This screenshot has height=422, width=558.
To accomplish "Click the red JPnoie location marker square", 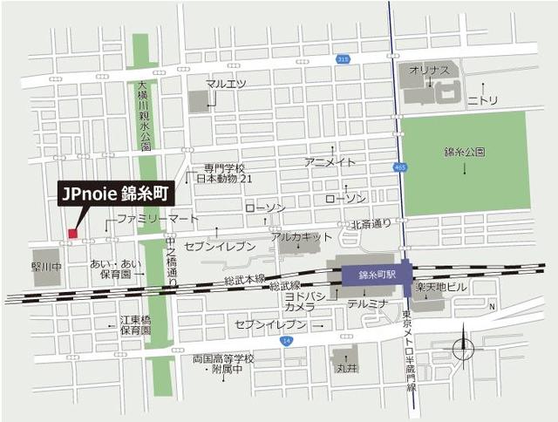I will [x=72, y=233].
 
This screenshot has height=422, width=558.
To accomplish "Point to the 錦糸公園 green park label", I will [x=464, y=152].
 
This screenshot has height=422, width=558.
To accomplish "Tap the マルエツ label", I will [x=226, y=84].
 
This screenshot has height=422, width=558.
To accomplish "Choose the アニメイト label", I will [x=330, y=162].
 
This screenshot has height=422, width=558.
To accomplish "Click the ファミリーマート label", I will [x=146, y=218].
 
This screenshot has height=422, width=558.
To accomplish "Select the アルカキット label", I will [x=302, y=236].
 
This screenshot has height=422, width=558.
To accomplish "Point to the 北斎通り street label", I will [x=371, y=224].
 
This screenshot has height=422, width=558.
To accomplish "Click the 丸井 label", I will [x=346, y=368].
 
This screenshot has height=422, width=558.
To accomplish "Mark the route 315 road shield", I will [x=344, y=60].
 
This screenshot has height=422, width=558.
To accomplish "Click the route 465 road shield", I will [x=400, y=167].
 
